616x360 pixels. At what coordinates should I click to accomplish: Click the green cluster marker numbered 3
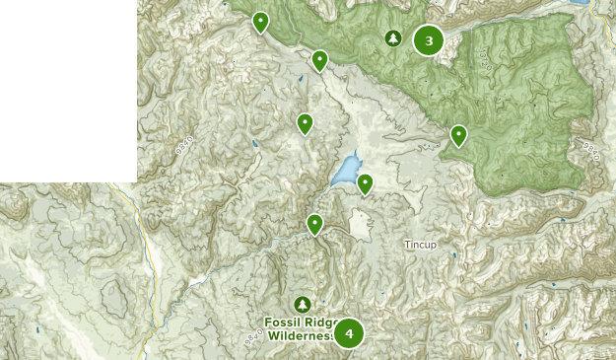(x=428, y=39)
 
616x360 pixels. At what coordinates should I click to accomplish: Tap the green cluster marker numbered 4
(x=349, y=333)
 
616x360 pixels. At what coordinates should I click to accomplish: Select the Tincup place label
(x=420, y=244)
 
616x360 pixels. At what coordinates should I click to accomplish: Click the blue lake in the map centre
(x=345, y=171)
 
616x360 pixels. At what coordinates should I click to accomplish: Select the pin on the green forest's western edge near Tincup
(x=458, y=136)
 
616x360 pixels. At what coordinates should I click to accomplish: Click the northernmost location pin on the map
(x=260, y=22)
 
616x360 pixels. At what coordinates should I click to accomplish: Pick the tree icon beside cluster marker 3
(x=393, y=38)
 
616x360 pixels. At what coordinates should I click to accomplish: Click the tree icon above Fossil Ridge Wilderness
(x=302, y=304)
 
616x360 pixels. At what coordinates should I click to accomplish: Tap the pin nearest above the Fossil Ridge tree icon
(x=314, y=225)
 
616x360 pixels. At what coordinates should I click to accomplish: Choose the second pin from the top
(x=319, y=61)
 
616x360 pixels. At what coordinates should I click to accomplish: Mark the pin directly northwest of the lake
(x=305, y=124)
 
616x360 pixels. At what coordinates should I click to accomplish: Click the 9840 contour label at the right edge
(x=591, y=152)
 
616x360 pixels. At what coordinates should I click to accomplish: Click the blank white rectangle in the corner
(x=67, y=89)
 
